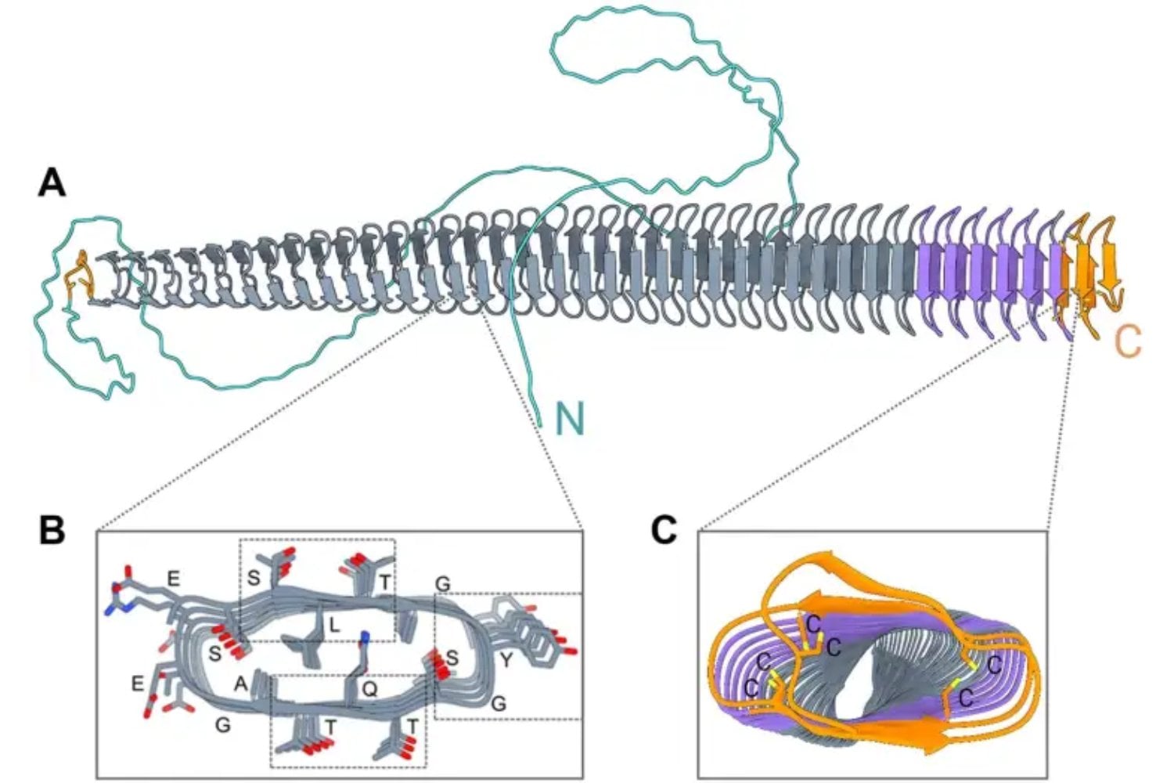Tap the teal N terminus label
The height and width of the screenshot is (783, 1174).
(570, 420)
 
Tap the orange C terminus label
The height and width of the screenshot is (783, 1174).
(1127, 341)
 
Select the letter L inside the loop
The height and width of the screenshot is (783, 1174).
(334, 626)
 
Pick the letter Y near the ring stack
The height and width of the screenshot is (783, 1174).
(506, 661)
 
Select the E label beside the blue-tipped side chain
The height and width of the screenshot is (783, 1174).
(174, 579)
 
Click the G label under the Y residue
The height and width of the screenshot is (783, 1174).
(499, 704)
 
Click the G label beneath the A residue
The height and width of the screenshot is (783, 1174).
(222, 725)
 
